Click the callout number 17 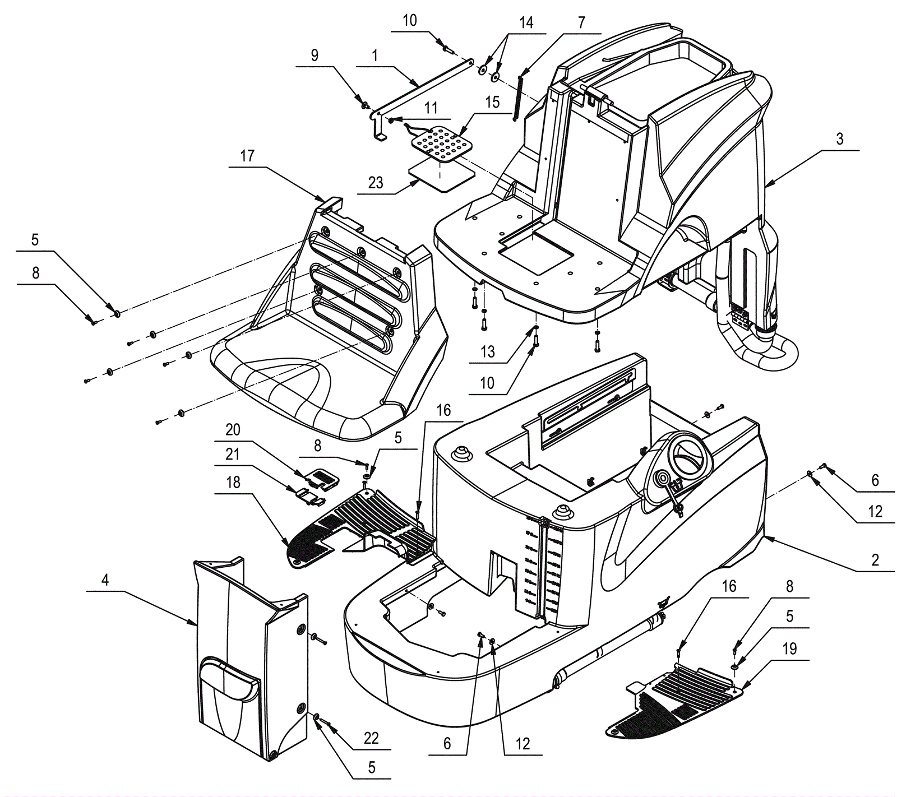coord(247,156)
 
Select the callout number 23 coord(376,183)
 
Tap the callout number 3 coord(839,139)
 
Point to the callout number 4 coord(105,580)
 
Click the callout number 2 coord(875,559)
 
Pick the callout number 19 coord(789,648)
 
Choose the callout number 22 coord(371,738)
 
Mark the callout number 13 coord(488,351)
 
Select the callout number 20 coord(233,430)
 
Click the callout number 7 coord(581,22)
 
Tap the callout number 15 coord(492,102)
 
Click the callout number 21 coord(233,454)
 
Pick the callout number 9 coord(315,55)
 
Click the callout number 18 coord(233,483)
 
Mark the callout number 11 coord(431,108)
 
